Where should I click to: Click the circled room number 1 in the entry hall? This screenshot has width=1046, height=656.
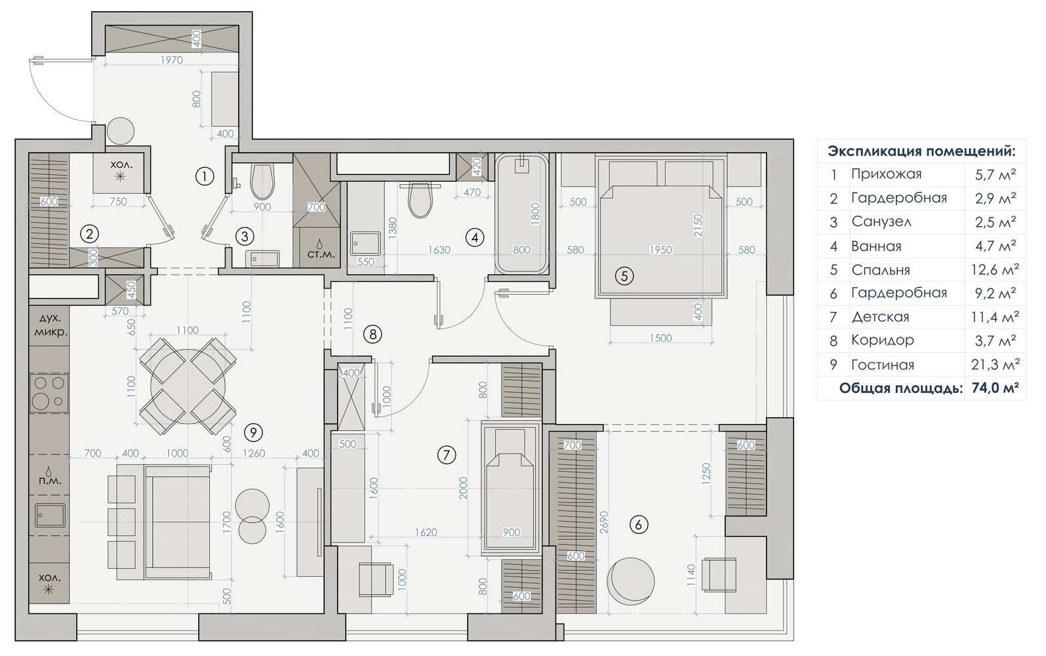coord(204,176)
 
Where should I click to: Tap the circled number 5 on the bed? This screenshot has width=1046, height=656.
coord(624,276)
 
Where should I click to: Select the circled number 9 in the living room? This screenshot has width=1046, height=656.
coord(253,433)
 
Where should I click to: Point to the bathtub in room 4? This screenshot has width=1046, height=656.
coord(521,215)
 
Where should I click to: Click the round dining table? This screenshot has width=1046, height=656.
coord(188,387)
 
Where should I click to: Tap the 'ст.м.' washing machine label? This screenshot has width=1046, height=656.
coord(321,255)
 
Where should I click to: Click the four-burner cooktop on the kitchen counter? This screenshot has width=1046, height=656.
coord(49,392)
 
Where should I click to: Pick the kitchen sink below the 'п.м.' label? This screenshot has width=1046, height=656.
coord(49,516)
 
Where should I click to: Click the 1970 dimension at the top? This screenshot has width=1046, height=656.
coord(171,60)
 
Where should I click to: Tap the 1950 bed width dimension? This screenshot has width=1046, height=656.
coord(660,250)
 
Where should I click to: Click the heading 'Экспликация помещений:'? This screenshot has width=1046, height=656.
coord(921,152)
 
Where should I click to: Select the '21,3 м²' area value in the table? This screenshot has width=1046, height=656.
coord(995,364)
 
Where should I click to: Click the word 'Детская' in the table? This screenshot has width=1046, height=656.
coord(880,317)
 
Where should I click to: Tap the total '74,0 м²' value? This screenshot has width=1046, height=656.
coord(994,388)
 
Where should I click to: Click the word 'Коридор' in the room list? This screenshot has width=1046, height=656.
coord(882,340)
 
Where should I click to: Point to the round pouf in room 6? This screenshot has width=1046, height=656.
coord(630,581)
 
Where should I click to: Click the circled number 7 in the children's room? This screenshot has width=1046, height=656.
coord(446,455)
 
